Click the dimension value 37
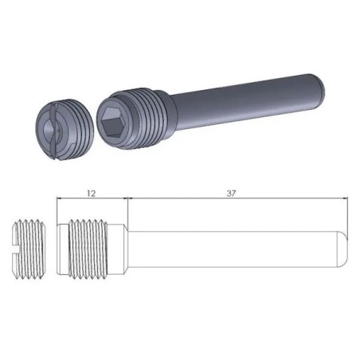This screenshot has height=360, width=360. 231,194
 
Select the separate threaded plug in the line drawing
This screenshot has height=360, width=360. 29,247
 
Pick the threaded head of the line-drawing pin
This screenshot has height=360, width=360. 89,247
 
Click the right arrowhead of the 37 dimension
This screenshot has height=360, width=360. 347,201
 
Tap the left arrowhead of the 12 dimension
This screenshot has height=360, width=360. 60,201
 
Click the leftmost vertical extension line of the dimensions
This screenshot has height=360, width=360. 56,211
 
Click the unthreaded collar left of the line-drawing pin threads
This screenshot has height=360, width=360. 62,247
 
